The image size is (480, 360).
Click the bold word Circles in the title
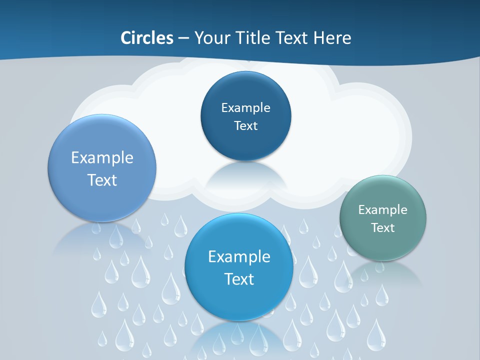pyautogui.click(x=146, y=38)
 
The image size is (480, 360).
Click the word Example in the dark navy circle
pyautogui.click(x=246, y=107)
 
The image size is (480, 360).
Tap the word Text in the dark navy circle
pyautogui.click(x=246, y=125)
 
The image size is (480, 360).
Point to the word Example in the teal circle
pyautogui.click(x=383, y=209)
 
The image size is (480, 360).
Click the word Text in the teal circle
pyautogui.click(x=383, y=227)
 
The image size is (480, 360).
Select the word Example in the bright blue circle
pyautogui.click(x=239, y=256)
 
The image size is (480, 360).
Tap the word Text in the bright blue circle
pyautogui.click(x=239, y=278)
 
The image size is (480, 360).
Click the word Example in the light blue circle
pyautogui.click(x=102, y=157)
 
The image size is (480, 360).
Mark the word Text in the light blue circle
pyautogui.click(x=102, y=180)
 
